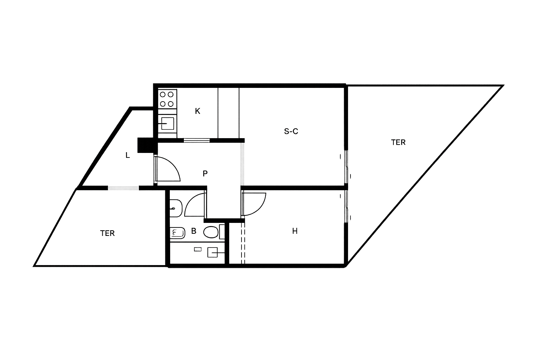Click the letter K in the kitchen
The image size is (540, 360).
click(198, 111)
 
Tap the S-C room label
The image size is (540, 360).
click(291, 131)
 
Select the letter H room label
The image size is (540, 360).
click(295, 231)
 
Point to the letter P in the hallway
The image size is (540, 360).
click(205, 173)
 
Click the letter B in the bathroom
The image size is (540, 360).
click(194, 231)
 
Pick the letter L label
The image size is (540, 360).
click(128, 155)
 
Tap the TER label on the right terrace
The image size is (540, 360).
click(398, 142)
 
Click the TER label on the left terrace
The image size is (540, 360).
click(107, 233)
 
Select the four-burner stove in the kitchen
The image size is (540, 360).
click(167, 99)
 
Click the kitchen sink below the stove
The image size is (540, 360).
click(167, 123)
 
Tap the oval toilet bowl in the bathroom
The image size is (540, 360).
click(211, 232)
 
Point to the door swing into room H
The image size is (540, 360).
click(254, 204)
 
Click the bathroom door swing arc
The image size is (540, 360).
click(194, 205)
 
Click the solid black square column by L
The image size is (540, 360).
click(143, 145)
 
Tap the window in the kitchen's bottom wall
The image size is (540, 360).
click(197, 140)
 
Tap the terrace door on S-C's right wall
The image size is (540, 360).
click(346, 167)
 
